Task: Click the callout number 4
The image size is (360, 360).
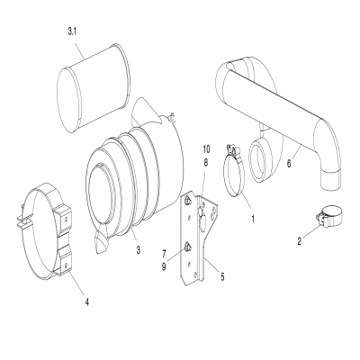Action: point(87,302)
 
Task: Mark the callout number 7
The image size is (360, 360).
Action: point(164,255)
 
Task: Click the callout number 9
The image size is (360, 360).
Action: point(164,266)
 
